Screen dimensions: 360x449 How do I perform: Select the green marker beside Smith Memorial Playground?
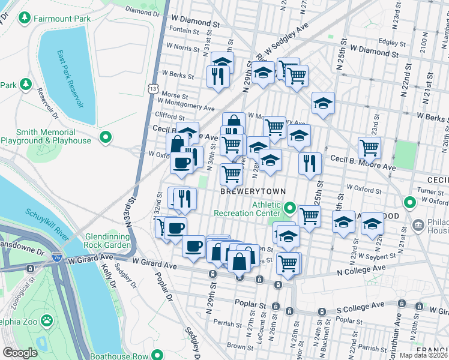click(106, 138)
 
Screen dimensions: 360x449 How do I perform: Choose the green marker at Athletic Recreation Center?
click(290, 209)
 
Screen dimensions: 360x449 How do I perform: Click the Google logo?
click(20, 353)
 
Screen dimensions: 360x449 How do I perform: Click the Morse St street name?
click(175, 95)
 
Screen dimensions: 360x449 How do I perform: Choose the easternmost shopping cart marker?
click(369, 146)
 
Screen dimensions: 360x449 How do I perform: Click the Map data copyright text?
click(424, 355)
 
